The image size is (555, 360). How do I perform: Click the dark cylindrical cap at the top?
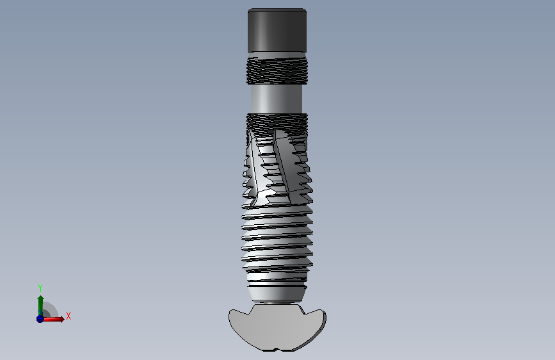(277, 31)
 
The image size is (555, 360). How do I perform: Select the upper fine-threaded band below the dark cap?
(277, 71)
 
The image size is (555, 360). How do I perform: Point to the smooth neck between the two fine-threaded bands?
(277, 99)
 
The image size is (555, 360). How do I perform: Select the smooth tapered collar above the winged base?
(277, 293)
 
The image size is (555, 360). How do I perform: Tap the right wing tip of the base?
(324, 314)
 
